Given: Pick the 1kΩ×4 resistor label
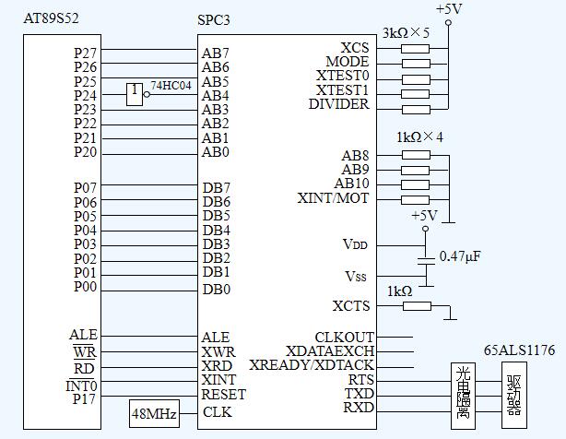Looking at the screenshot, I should click(x=419, y=136).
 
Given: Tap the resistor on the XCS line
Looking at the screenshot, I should click(x=416, y=48).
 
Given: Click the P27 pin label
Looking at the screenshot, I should click(x=86, y=53).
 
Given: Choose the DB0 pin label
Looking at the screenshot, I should click(x=216, y=289).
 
